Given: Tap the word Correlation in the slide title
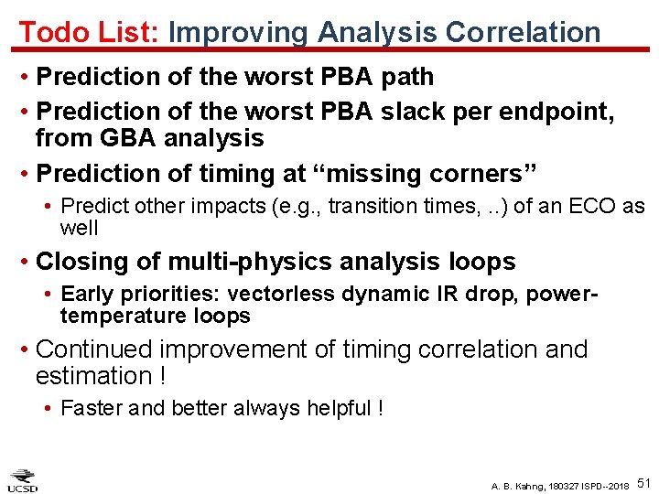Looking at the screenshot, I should [523, 32].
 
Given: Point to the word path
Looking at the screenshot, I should [404, 77].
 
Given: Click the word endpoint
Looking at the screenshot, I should [555, 112].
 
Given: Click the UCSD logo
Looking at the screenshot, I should [23, 478].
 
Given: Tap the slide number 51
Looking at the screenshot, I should [643, 482].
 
